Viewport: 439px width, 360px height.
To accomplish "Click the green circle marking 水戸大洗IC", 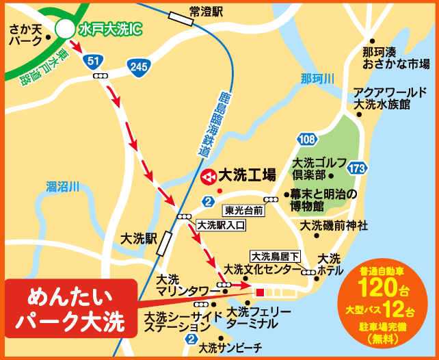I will click(65, 29).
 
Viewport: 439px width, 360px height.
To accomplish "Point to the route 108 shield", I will click(307, 140).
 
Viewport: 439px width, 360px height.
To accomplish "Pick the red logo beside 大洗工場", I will click(209, 175).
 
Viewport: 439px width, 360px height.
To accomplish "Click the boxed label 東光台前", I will click(243, 210).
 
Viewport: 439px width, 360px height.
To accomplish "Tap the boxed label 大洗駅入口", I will click(216, 224).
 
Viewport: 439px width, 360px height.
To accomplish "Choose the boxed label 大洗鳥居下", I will click(276, 256).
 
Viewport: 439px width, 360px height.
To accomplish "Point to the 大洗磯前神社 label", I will click(334, 224).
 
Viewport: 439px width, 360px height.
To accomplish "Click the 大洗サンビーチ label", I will click(230, 348).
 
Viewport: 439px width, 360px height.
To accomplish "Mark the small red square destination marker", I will click(259, 292).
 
